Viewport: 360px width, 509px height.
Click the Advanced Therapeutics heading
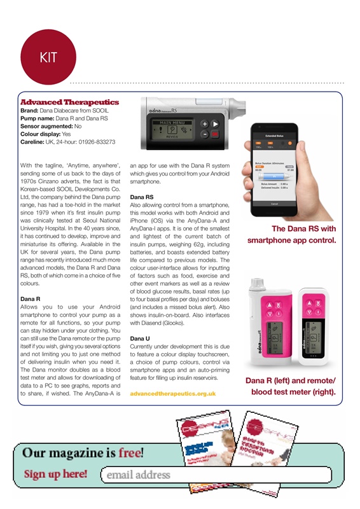coord(69,102)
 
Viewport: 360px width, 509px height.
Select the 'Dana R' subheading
coord(31,298)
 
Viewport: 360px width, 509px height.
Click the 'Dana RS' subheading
coord(141,197)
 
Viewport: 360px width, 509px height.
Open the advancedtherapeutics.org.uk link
coord(172,394)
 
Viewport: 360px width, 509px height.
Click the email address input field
coord(216,475)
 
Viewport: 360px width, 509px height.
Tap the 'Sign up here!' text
coord(56,474)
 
